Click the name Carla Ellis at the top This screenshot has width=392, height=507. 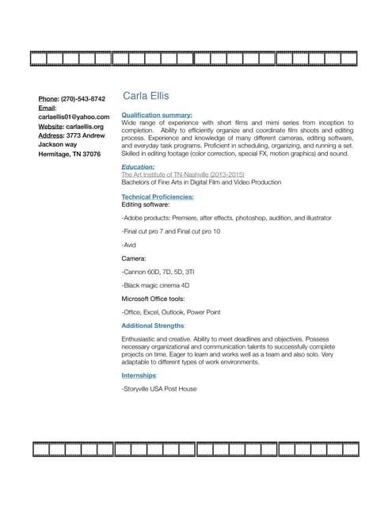pyautogui.click(x=146, y=96)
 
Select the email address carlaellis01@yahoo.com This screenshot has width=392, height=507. pyautogui.click(x=74, y=116)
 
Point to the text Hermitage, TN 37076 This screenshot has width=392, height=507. pyautogui.click(x=70, y=154)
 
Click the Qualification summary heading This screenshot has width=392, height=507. pyautogui.click(x=157, y=115)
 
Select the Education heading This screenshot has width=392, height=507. pyautogui.click(x=138, y=167)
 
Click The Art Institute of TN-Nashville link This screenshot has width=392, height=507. pyautogui.click(x=183, y=174)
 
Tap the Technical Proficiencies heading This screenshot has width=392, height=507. pyautogui.click(x=157, y=196)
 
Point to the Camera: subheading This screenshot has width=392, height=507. pyautogui.click(x=133, y=258)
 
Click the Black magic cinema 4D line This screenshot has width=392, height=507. pyautogui.click(x=155, y=285)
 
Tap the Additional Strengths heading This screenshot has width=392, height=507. pyautogui.click(x=153, y=326)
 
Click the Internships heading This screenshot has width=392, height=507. pyautogui.click(x=139, y=375)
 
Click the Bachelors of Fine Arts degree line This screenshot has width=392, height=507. pyautogui.click(x=201, y=182)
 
